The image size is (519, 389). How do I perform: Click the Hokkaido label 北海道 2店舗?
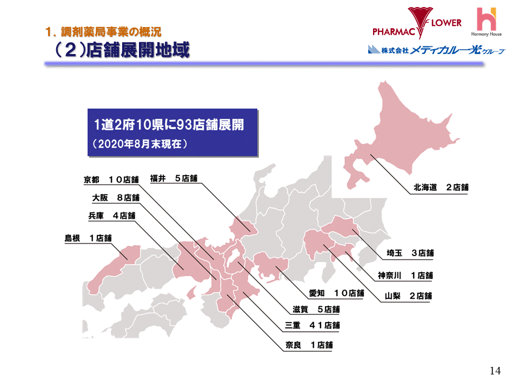point(441,188)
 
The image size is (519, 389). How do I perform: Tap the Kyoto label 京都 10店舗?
point(111,179)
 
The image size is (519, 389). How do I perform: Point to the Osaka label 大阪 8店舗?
point(116,197)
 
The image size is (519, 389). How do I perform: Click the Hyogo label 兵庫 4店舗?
point(111,216)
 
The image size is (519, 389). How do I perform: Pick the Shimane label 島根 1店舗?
point(88,237)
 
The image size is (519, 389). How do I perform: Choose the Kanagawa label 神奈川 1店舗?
point(405,275)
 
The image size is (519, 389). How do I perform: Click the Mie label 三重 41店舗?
point(312,326)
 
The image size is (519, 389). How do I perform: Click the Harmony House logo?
point(489,22)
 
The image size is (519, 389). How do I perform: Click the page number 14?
point(495,371)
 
